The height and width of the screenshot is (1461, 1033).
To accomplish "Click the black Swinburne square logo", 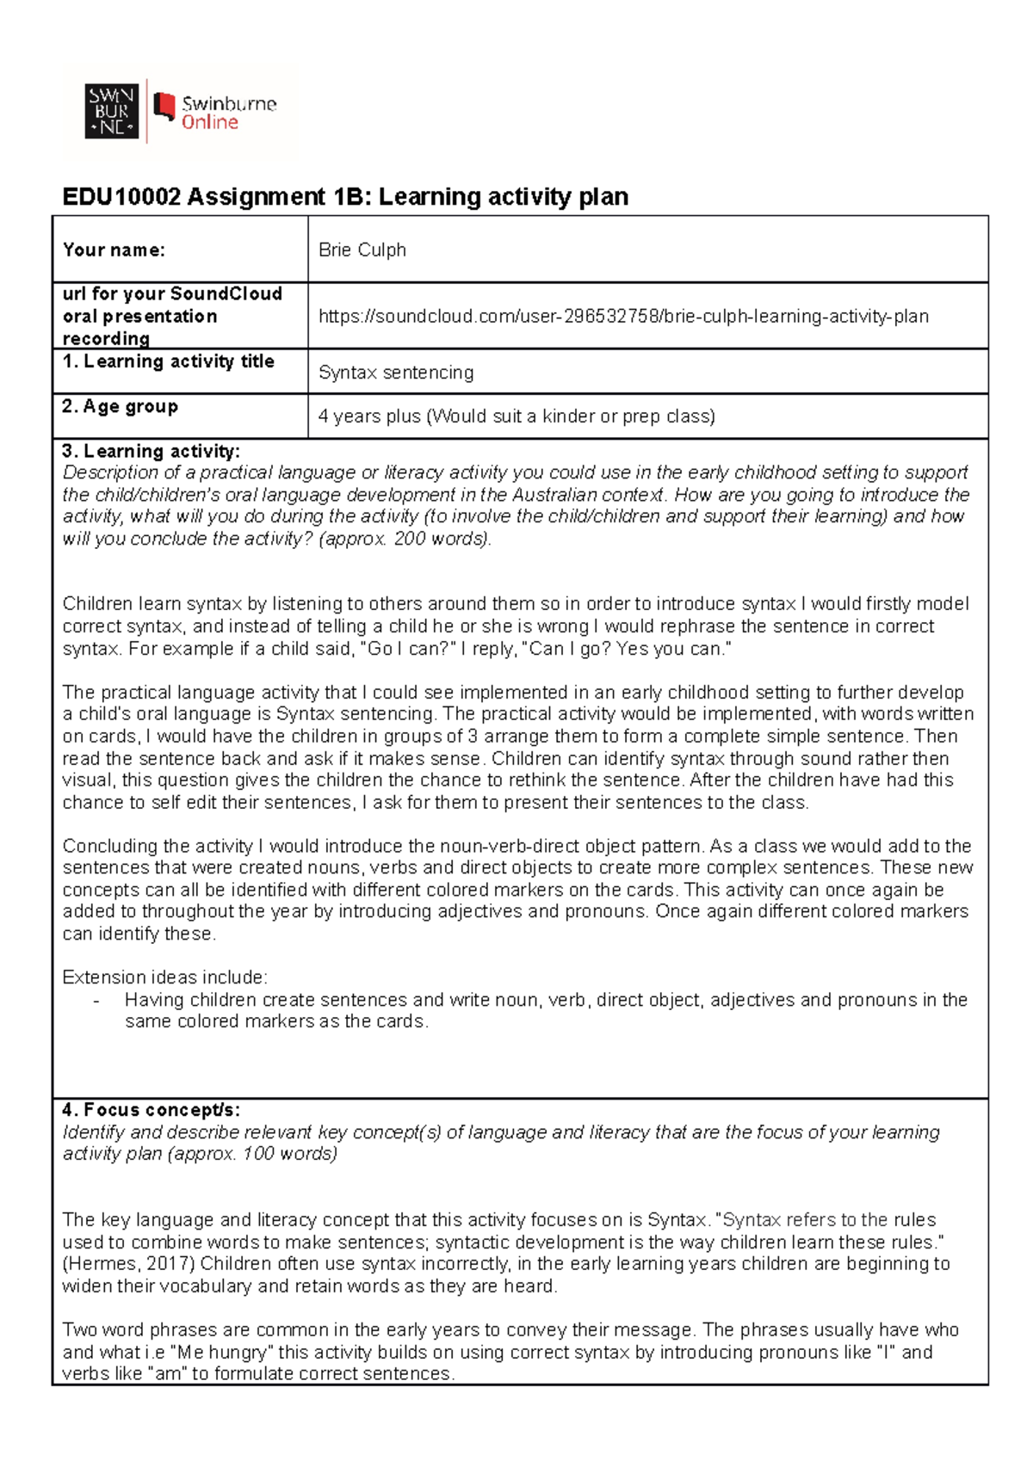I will [x=111, y=112].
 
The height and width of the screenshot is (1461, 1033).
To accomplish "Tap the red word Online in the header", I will [x=209, y=123].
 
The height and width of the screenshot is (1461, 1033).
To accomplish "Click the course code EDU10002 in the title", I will [x=121, y=197].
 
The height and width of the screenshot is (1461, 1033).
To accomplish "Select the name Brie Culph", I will [x=362, y=250].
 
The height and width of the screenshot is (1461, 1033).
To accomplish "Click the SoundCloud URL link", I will [x=623, y=317].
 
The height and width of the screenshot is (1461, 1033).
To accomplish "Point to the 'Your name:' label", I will [x=114, y=250].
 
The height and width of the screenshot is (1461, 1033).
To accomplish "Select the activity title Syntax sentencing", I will [x=396, y=373].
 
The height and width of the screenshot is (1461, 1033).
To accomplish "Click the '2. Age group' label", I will [x=120, y=406].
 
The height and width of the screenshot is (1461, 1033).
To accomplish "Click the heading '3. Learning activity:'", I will [x=151, y=451].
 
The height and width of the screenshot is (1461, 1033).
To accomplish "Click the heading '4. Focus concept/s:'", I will [x=151, y=1110].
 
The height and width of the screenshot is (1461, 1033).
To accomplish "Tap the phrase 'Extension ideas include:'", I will [x=164, y=977].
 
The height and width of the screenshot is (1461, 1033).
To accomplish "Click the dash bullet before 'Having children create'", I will [x=96, y=1001].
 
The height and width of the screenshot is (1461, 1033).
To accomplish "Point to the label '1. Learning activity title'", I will [x=168, y=361].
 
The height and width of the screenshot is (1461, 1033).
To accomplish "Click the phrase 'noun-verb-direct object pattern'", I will [x=572, y=846].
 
